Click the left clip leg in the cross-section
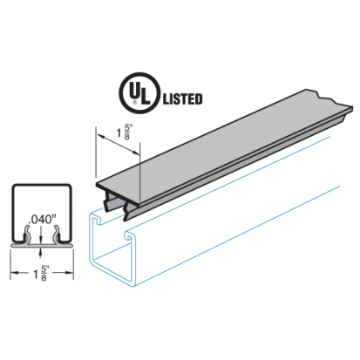click(28, 234)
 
